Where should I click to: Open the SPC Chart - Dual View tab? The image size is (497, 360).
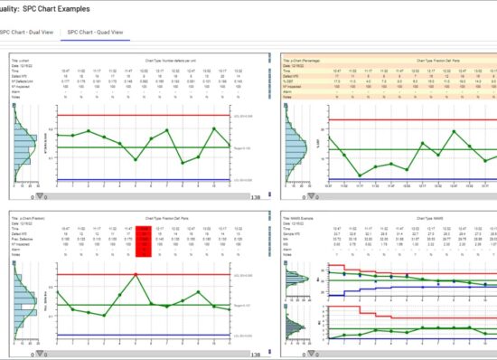point(27,32)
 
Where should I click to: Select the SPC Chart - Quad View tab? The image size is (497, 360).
point(95,32)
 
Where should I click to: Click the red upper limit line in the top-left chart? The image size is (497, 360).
point(136,116)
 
